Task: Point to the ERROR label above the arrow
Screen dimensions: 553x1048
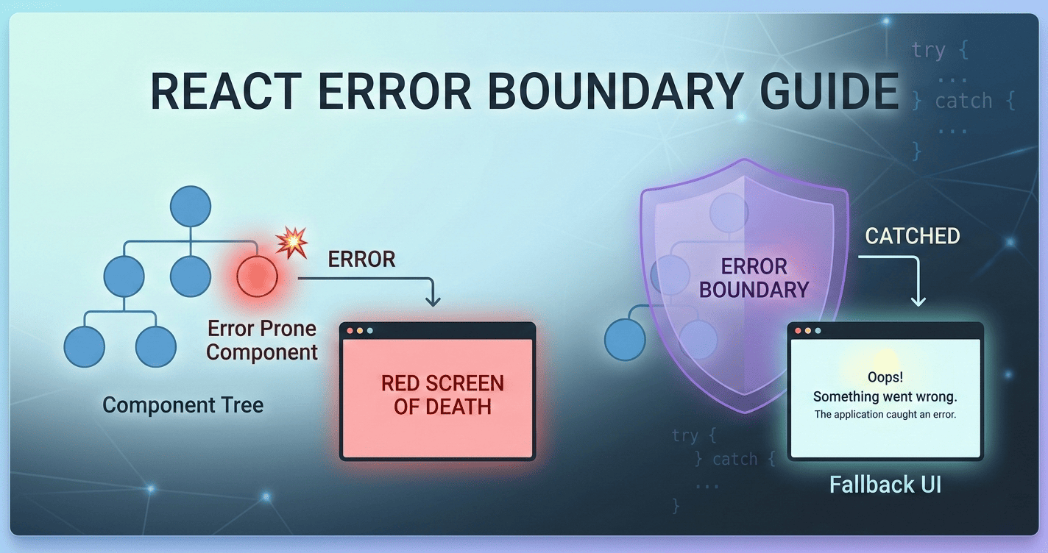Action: pos(361,259)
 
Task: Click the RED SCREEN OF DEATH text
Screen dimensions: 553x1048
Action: pos(442,395)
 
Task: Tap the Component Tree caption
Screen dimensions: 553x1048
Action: pos(183,404)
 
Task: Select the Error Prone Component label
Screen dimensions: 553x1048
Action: pos(262,340)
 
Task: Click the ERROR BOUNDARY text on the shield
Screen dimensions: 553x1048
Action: pos(754,277)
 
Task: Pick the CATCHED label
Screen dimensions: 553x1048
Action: pos(912,236)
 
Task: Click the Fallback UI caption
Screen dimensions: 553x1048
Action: pos(885,485)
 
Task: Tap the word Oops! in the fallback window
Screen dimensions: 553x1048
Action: pos(885,377)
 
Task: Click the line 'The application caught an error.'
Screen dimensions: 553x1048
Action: pos(885,415)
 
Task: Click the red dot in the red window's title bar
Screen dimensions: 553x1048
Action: pos(350,331)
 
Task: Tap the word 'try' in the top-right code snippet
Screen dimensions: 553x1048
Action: pos(928,50)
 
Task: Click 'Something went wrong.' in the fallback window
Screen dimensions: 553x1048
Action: pos(885,396)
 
